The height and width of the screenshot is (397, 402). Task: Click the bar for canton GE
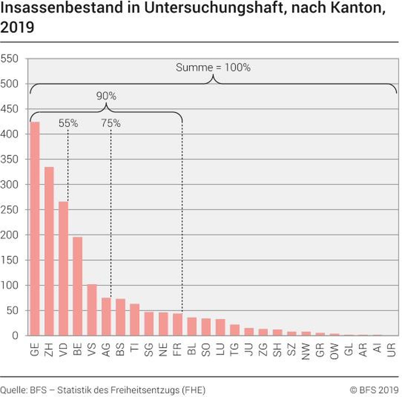coord(35,228)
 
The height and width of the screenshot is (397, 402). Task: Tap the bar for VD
coord(63,268)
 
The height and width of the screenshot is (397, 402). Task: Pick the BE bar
coord(77,286)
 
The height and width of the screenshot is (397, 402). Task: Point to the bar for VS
coord(92,310)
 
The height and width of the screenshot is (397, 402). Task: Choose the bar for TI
coord(135,319)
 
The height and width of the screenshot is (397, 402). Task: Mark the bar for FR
coord(177,324)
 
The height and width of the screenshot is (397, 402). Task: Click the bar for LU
coord(220,327)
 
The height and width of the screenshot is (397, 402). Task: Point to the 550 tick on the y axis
coord(9,58)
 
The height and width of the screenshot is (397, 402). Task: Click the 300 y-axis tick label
coord(9,185)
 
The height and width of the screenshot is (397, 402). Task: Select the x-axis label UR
coord(391,350)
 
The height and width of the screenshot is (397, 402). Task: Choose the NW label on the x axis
coord(306,351)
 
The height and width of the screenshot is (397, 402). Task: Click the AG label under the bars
coord(106,350)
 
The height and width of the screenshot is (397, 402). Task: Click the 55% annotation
coord(68,123)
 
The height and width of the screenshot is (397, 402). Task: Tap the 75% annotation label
coord(111,123)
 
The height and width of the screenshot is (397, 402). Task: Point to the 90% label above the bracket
coord(106,96)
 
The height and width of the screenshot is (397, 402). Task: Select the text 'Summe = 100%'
coord(213,68)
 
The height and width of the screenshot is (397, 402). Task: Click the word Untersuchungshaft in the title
coord(214,8)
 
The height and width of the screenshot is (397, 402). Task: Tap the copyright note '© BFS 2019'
coord(374,390)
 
